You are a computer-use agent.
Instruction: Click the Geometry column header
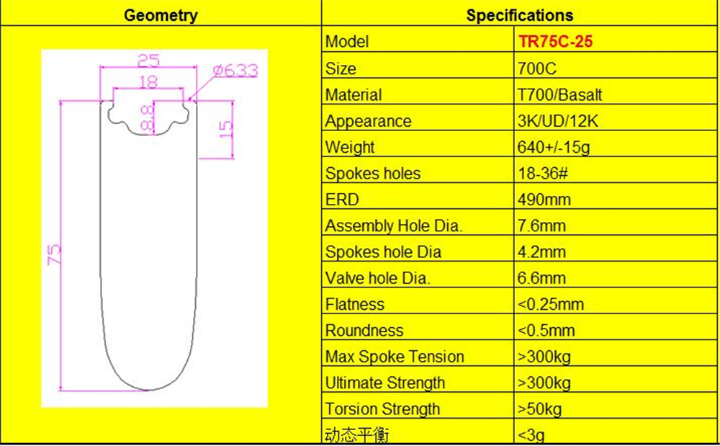pos(161,15)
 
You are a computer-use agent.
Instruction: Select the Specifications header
pos(520,15)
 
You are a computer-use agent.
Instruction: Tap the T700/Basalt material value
pos(559,94)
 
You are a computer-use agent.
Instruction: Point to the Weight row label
pos(350,147)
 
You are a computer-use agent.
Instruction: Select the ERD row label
pos(342,200)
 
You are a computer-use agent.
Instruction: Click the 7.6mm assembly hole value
pos(541,226)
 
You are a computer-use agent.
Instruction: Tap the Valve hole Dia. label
pos(377,278)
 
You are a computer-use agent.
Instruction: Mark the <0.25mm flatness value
pos(550,304)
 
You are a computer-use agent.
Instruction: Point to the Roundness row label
pos(364,331)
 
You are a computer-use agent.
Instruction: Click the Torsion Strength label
pos(382,409)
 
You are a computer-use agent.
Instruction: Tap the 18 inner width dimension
pos(148,82)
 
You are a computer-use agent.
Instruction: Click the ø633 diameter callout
pos(235,70)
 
